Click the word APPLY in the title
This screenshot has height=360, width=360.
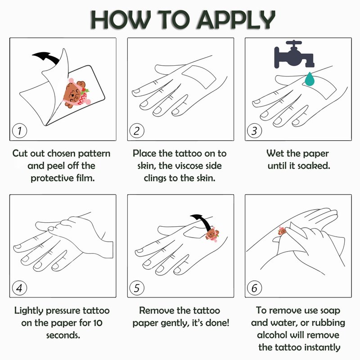click(x=235, y=20)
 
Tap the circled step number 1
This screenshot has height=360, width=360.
click(x=19, y=131)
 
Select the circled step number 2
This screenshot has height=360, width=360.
click(x=137, y=131)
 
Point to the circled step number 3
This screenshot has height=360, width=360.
click(x=254, y=131)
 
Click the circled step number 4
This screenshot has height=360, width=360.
click(x=19, y=288)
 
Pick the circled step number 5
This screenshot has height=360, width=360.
click(x=137, y=288)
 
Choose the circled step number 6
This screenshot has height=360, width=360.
click(x=254, y=288)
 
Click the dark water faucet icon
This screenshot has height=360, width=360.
click(x=294, y=54)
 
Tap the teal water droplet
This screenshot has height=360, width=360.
click(x=310, y=79)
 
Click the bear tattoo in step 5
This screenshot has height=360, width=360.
click(x=212, y=234)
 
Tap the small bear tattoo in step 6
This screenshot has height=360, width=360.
click(x=282, y=230)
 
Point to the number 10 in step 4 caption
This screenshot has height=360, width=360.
click(x=98, y=323)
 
